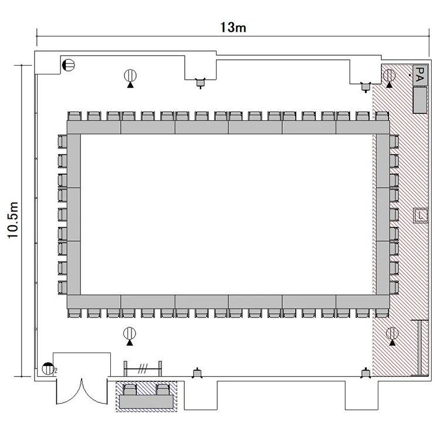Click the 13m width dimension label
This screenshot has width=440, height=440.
pos(233,28)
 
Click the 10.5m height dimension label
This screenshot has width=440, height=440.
pos(13,220)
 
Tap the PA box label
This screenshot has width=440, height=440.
pos(420,75)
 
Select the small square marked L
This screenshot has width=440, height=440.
pos(421,215)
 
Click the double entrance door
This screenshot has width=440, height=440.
pos(82,391)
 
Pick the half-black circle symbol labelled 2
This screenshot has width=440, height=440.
pos(48,369)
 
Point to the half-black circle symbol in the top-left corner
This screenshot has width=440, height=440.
pos(69,65)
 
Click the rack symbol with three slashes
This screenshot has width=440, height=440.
pos(143,369)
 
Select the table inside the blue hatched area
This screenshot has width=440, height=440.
pos(146,401)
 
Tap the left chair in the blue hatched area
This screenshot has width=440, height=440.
pos(130,390)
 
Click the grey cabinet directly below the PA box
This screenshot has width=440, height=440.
pos(420,100)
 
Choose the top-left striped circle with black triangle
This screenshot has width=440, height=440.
pos(130,78)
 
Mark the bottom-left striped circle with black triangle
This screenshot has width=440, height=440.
pos(130,336)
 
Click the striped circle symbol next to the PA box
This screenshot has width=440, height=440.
pos(389,78)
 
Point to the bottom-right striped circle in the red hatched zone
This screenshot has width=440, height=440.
pos(392,336)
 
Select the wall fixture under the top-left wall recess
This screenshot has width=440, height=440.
pos(200,83)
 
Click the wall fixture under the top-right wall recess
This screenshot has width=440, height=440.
pos(365,87)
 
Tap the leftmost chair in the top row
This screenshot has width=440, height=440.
pos(75,116)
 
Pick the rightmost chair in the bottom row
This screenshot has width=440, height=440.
pos(382,313)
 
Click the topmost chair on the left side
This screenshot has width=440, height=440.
pos(63,141)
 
